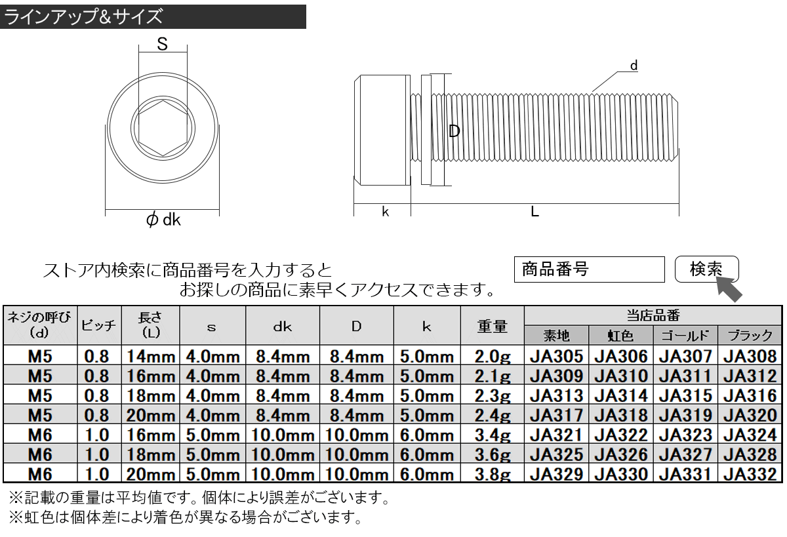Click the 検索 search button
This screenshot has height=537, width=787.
[x=706, y=269]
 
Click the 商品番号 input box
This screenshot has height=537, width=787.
[x=589, y=269]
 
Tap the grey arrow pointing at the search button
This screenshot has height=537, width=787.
[x=729, y=288]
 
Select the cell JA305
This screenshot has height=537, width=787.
[x=557, y=356]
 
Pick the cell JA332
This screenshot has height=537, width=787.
[x=750, y=474]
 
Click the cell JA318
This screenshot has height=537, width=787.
[x=621, y=415]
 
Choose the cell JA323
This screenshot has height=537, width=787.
[x=685, y=435]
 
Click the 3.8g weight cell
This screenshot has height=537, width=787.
[x=493, y=474]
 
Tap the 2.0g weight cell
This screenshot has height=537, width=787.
[x=493, y=356]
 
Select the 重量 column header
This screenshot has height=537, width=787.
[x=493, y=327]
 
